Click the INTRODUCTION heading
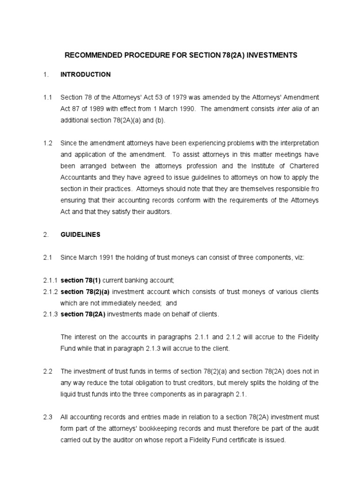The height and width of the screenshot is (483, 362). click(85, 75)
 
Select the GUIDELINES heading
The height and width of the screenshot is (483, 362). click(80, 234)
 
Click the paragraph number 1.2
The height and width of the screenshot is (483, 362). click(47, 143)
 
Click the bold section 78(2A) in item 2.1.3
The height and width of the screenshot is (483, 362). click(83, 314)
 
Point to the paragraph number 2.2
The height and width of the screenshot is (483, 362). click(47, 372)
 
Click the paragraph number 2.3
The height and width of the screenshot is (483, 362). click(47, 417)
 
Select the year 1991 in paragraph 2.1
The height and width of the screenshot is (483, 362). click(105, 258)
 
